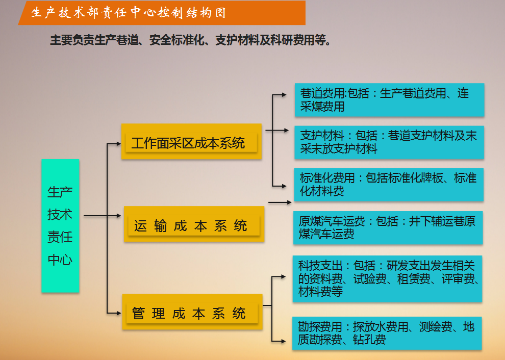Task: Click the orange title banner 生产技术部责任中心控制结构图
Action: (x=162, y=13)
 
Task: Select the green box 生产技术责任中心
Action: (x=60, y=225)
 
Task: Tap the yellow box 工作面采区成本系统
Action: (x=191, y=142)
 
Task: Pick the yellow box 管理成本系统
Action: (x=192, y=312)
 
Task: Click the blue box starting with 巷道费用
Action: (x=389, y=100)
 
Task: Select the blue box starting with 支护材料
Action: (x=389, y=142)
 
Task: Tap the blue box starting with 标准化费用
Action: (x=389, y=185)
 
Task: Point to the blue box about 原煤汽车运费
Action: (x=388, y=227)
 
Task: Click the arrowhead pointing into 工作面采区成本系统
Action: (x=118, y=144)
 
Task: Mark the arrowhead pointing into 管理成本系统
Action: (x=118, y=312)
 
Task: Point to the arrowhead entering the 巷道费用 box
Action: (x=284, y=95)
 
